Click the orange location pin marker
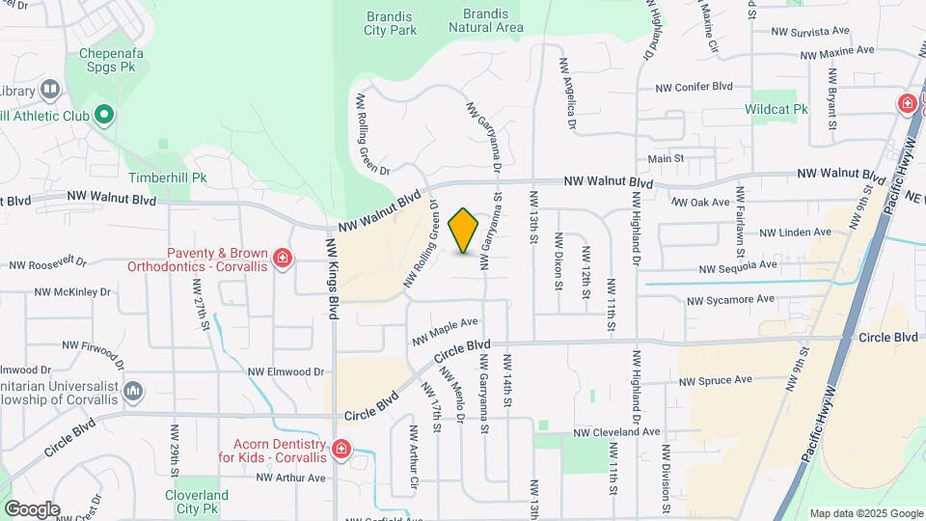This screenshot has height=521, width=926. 464,231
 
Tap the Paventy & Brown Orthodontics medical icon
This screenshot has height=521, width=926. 282,258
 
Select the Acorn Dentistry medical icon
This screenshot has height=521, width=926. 340,449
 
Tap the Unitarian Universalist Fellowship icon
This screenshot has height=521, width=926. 133,391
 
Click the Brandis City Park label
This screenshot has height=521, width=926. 391,23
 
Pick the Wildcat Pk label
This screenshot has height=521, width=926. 776,109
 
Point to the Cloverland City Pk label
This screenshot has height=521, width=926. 196,501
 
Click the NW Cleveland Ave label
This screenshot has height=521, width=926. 618,432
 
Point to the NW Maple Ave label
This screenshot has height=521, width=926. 446,332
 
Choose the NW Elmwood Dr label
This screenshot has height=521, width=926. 286,371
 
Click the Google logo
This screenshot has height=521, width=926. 32,508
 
